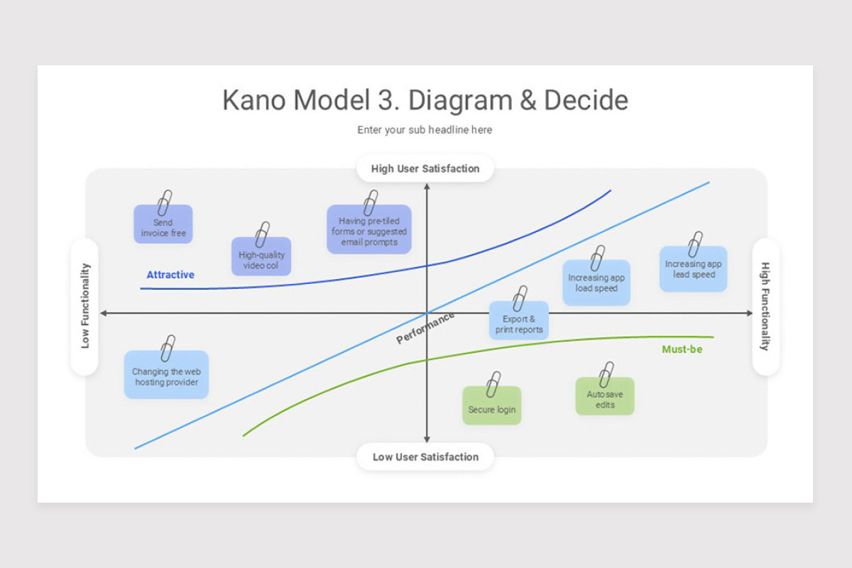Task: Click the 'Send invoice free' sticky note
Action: (163, 226)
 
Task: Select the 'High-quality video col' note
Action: (261, 258)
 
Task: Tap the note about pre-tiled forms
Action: (368, 231)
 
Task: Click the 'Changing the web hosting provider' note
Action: (166, 376)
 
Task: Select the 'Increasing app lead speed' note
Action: (693, 270)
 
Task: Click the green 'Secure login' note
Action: (491, 408)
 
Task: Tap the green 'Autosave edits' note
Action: (605, 399)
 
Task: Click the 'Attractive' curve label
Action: (170, 275)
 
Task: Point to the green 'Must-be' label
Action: (682, 349)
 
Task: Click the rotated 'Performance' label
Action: (425, 328)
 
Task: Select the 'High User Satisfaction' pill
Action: (425, 169)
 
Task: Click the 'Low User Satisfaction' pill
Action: (425, 457)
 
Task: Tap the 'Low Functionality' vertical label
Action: (85, 306)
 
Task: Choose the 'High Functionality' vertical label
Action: (765, 306)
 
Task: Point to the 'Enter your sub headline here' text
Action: (425, 130)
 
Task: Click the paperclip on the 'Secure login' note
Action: (493, 384)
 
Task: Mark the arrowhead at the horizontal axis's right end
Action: (749, 313)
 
